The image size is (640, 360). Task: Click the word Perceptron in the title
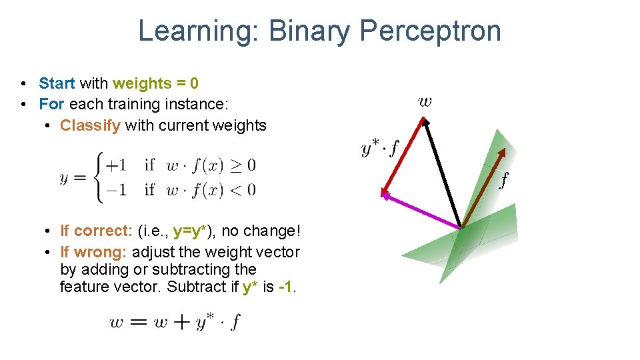point(430,31)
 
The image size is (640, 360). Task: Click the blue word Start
point(57,83)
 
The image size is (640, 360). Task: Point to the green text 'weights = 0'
point(155,83)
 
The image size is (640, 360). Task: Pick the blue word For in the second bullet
point(51,104)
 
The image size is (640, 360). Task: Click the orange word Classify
point(90,125)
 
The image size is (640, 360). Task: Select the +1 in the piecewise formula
point(116,165)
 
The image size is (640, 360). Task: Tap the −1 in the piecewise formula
point(116,190)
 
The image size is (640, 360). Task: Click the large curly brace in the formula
point(99,177)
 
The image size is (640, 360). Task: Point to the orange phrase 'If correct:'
point(96,231)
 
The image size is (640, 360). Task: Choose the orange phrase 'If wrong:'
point(94,252)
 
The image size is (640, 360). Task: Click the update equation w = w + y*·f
point(175,322)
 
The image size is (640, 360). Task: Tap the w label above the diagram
point(425,102)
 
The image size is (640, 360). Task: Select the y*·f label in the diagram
point(379,148)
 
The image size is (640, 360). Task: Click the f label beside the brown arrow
point(504,179)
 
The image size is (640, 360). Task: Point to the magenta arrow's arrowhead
point(385,193)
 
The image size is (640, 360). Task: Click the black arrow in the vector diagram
point(442,173)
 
